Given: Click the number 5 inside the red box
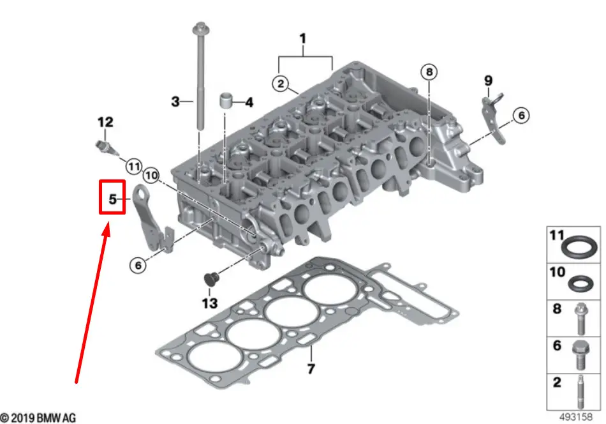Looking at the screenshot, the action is [x=112, y=199].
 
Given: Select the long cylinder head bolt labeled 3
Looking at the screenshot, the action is [x=200, y=78].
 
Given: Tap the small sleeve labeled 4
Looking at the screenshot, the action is [x=226, y=101].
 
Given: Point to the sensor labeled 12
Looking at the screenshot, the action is [x=107, y=149].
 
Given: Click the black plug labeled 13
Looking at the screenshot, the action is [x=211, y=280].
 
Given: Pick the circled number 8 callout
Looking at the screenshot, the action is [x=429, y=72].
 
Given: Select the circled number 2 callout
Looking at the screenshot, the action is [x=281, y=84].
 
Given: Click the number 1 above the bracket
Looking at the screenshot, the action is [x=303, y=39].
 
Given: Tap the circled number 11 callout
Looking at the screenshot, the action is [x=134, y=167].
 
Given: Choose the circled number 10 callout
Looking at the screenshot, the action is [x=151, y=176].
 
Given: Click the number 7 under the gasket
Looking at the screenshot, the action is [x=311, y=368].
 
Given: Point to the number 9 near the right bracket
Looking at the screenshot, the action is [x=489, y=80].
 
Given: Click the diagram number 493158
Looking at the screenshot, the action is [x=576, y=417].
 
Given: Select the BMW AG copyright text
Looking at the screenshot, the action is [x=38, y=418].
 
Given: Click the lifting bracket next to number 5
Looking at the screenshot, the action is [x=152, y=218].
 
